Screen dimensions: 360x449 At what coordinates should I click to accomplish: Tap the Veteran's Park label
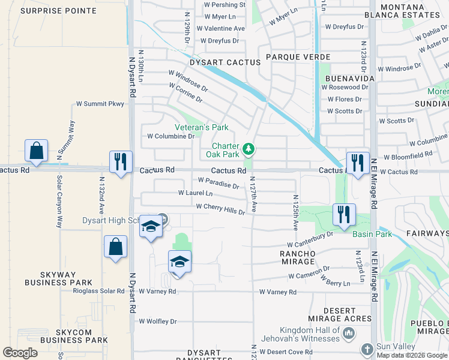pos(202,127)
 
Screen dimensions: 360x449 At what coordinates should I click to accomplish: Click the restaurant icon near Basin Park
pos(344,215)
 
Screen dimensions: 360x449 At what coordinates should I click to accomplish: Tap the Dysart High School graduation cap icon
pos(151,227)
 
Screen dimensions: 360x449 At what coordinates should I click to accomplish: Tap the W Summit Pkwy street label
pos(100,104)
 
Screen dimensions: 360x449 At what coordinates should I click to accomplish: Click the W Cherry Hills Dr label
pos(221,209)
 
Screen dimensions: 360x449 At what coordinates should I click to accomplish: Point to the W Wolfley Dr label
pos(158,321)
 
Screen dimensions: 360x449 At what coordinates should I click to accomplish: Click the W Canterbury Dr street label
pos(309,240)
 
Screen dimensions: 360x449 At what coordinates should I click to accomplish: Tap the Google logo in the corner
pos(20,353)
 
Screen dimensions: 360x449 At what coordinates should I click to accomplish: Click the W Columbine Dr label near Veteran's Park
pos(171,136)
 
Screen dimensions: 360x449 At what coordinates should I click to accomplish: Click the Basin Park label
pos(372,234)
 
